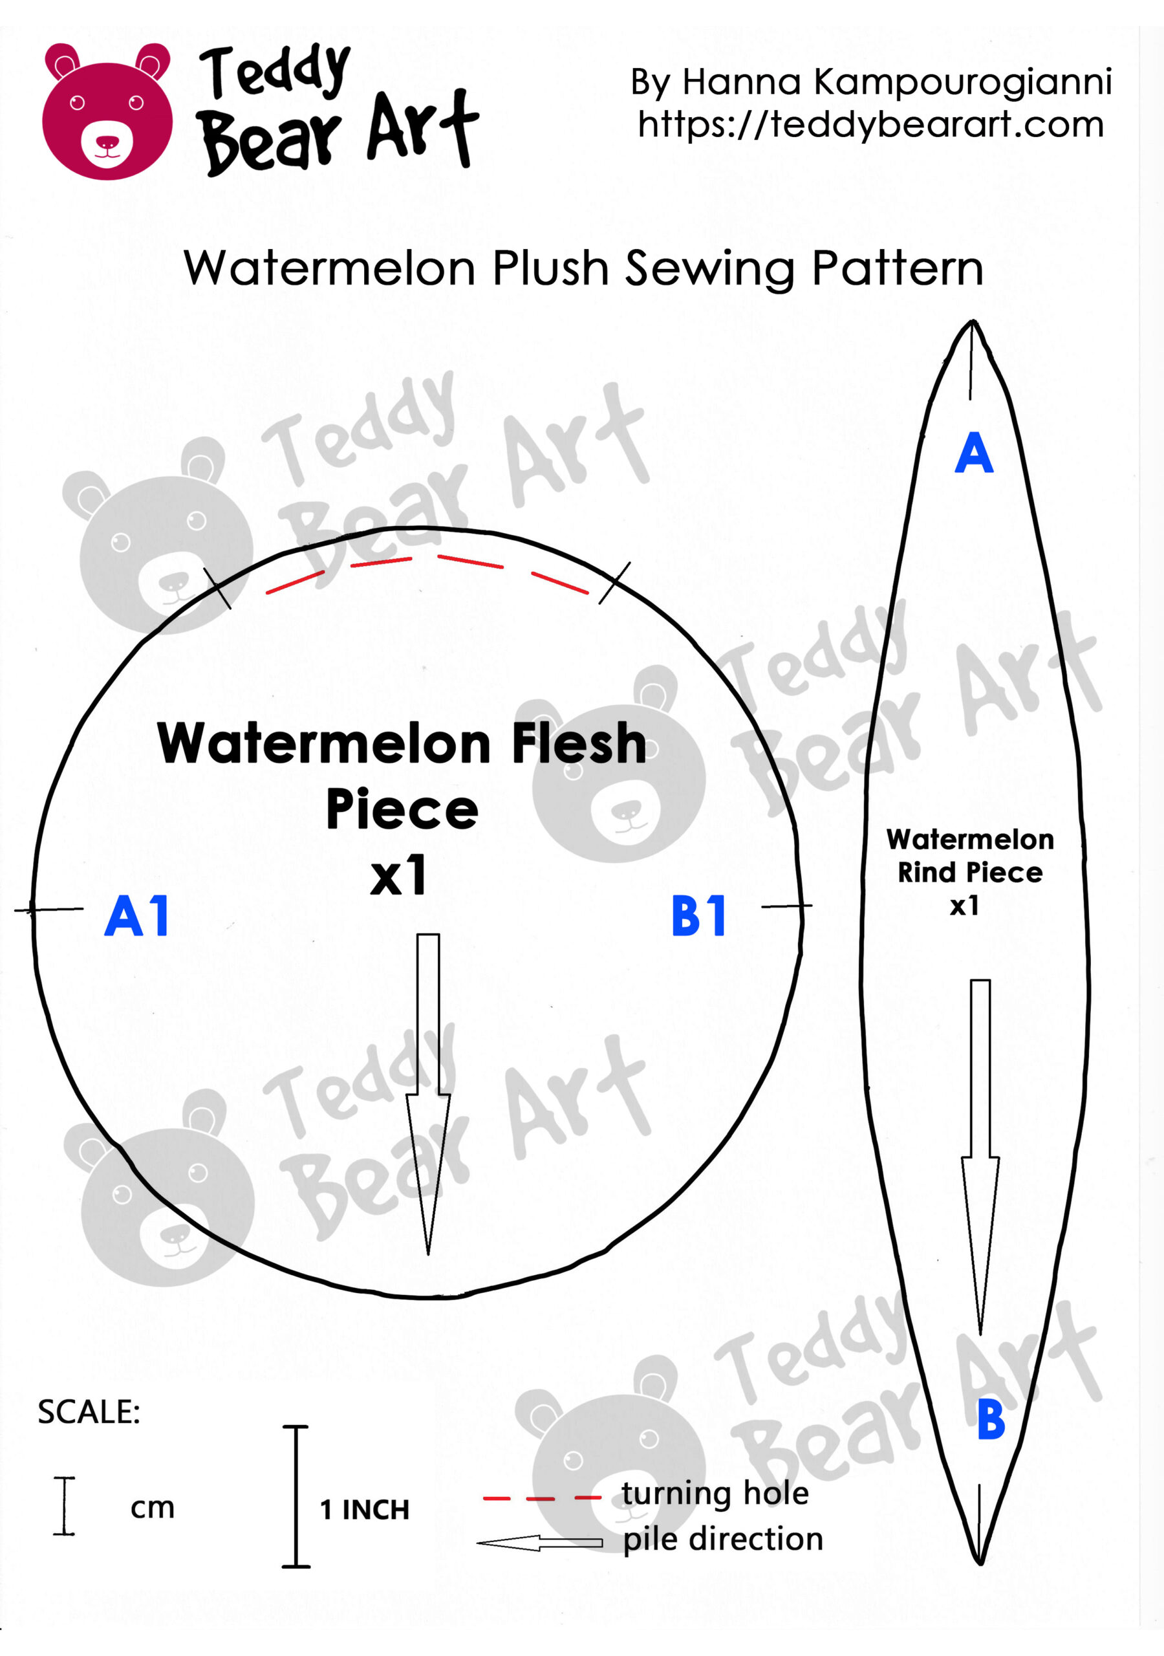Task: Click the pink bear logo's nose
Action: (107, 142)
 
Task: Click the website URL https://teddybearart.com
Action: (870, 125)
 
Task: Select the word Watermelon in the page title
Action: (330, 268)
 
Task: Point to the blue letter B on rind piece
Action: (991, 1419)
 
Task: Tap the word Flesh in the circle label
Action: (579, 744)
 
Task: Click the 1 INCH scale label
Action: (364, 1510)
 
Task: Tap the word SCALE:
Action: (89, 1412)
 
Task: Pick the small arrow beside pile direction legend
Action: (539, 1543)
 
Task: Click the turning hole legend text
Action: (715, 1494)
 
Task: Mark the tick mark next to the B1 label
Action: (786, 906)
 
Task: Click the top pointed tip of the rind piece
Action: (973, 322)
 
